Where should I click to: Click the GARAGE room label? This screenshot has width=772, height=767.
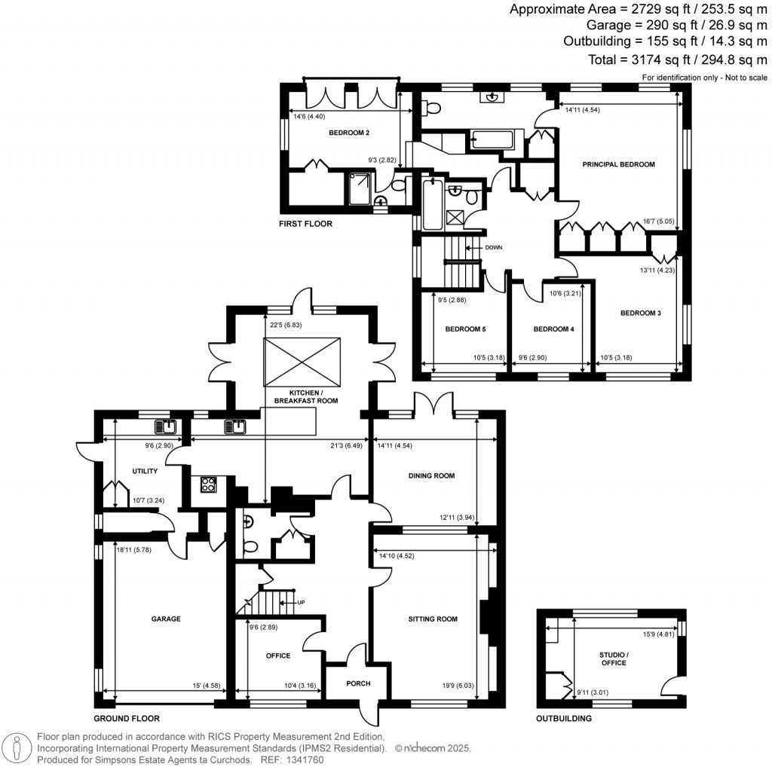pyautogui.click(x=166, y=619)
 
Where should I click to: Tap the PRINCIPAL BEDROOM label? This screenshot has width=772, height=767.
pyautogui.click(x=618, y=164)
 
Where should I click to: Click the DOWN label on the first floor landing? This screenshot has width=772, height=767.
pyautogui.click(x=494, y=247)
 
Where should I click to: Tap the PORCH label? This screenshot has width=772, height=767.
pyautogui.click(x=358, y=683)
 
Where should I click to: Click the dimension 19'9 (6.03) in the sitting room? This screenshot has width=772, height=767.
pyautogui.click(x=463, y=685)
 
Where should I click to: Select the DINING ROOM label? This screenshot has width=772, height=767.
pyautogui.click(x=431, y=475)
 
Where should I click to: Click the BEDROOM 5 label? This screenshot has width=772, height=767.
pyautogui.click(x=465, y=329)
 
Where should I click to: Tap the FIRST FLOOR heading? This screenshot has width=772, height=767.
pyautogui.click(x=305, y=224)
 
